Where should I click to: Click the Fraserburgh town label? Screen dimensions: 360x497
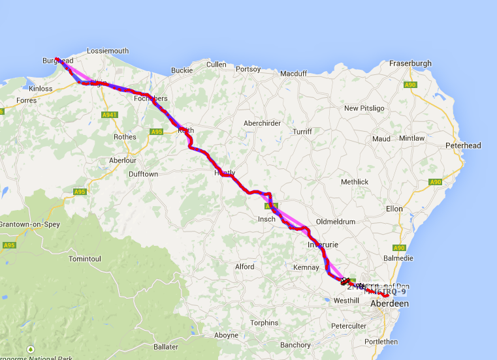[x=410, y=63]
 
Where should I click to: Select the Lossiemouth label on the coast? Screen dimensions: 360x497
[x=108, y=51]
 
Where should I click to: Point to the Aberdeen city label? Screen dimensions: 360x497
[x=389, y=304]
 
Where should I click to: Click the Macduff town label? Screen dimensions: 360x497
[x=293, y=74]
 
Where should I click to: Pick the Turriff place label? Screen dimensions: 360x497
[x=302, y=131]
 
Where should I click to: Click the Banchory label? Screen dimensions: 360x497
[x=295, y=345]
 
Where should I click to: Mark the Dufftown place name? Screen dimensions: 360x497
[x=143, y=174]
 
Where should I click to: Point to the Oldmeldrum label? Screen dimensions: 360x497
[x=336, y=222]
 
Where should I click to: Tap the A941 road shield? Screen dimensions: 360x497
[x=110, y=115]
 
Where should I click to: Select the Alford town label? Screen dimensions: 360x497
[x=244, y=267]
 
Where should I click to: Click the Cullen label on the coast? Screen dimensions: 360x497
[x=216, y=65]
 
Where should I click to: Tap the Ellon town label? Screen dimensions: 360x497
[x=394, y=209]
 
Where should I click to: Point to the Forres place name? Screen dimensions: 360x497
[x=27, y=100]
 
